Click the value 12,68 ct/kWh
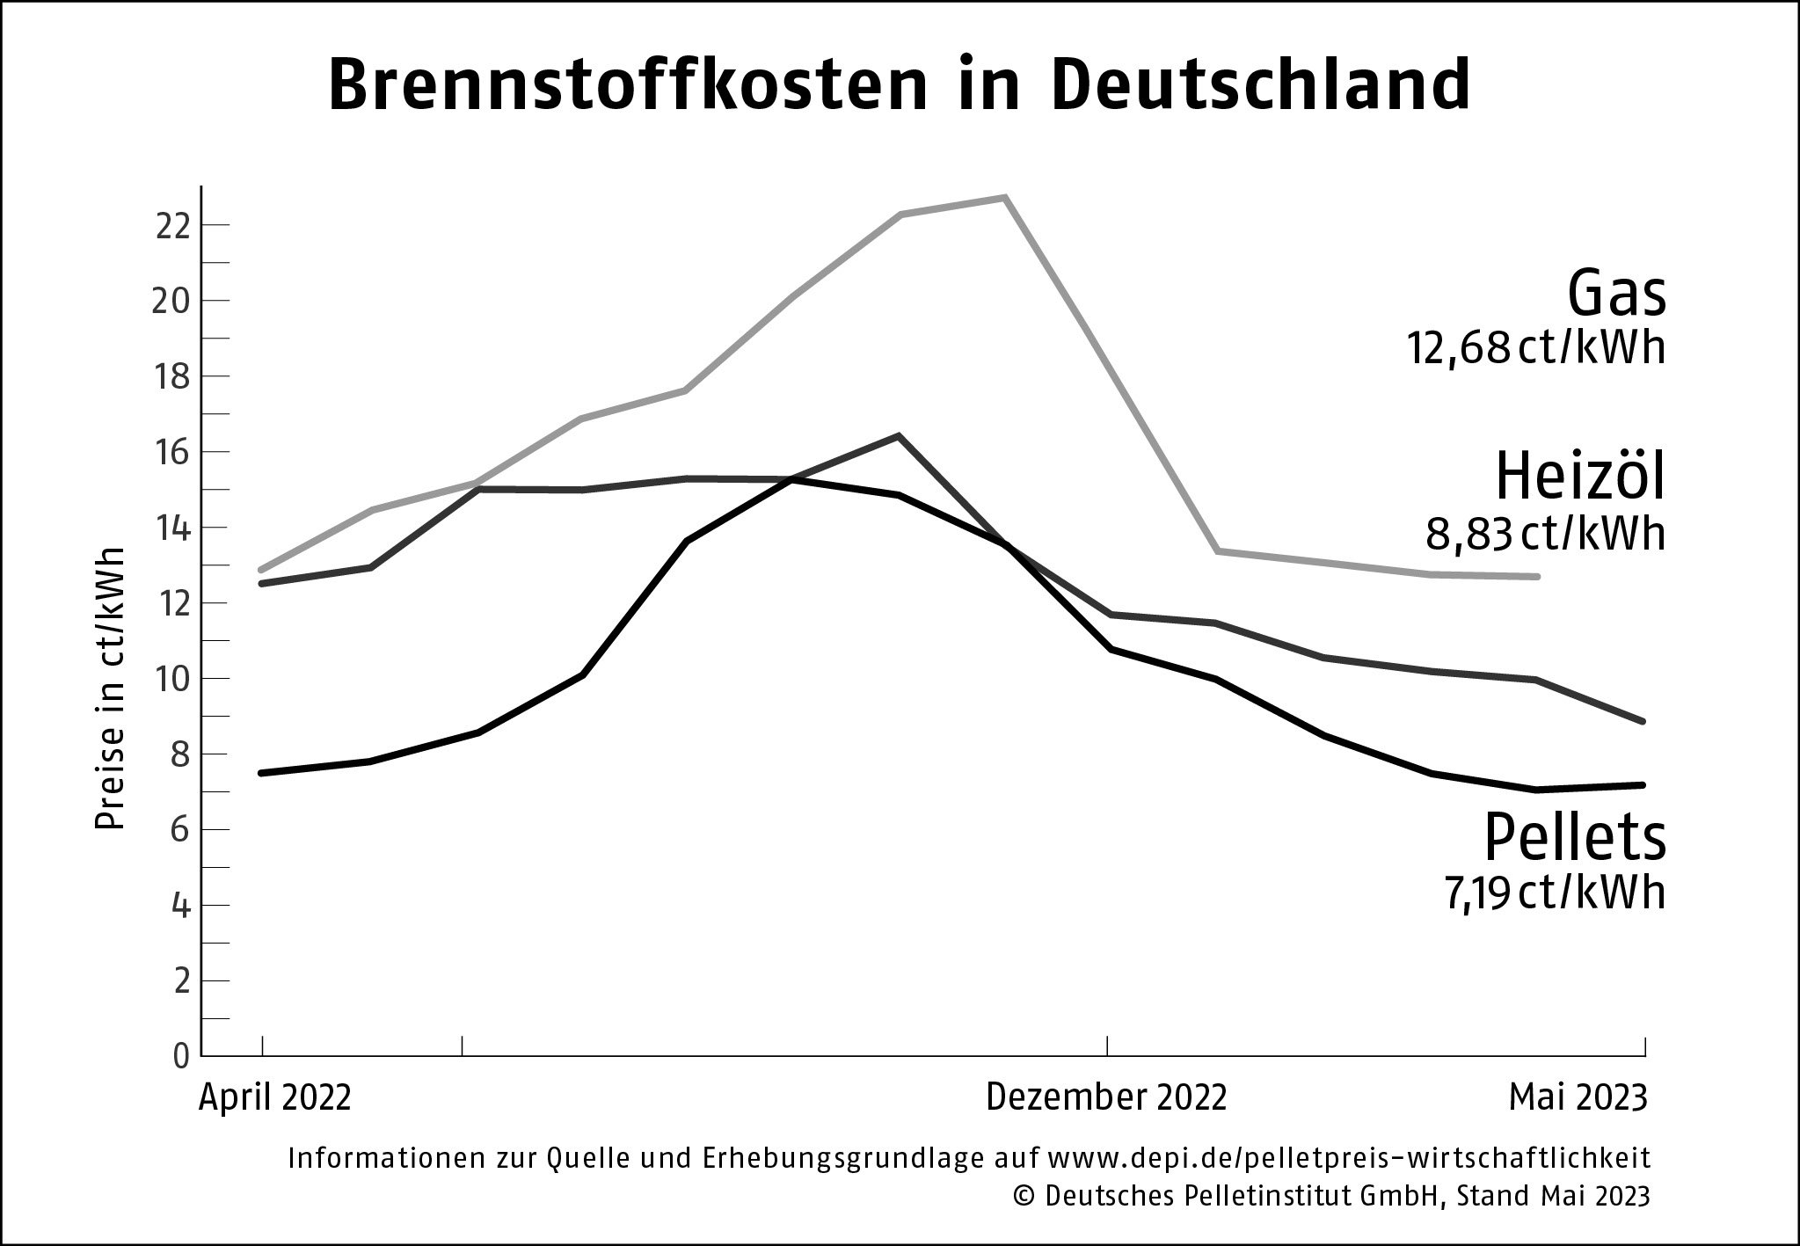pyautogui.click(x=1535, y=348)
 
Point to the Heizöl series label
pyautogui.click(x=1580, y=477)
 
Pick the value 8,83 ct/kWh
pyautogui.click(x=1545, y=534)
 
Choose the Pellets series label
pyautogui.click(x=1575, y=838)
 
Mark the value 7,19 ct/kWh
pyautogui.click(x=1555, y=893)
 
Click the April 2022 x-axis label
pyautogui.click(x=275, y=1098)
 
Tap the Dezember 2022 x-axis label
pyautogui.click(x=1106, y=1098)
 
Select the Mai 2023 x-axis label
pyautogui.click(x=1577, y=1098)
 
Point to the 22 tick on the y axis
pyautogui.click(x=172, y=226)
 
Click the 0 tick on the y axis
pyautogui.click(x=181, y=1056)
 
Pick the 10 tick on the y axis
pyautogui.click(x=172, y=679)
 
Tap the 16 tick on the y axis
pyautogui.click(x=172, y=452)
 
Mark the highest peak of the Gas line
pyautogui.click(x=1004, y=198)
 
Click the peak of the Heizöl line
pyautogui.click(x=898, y=435)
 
